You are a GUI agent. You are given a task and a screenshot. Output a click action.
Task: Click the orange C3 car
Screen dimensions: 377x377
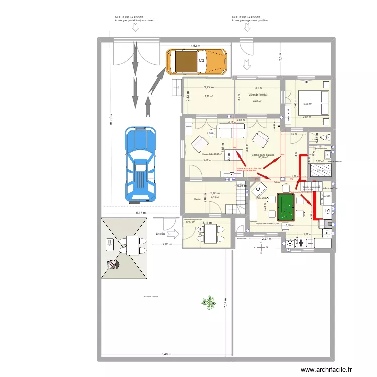[196, 61]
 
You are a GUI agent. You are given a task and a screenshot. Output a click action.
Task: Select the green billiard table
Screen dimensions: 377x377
[286, 207]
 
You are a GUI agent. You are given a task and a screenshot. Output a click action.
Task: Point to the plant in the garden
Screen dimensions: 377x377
[207, 302]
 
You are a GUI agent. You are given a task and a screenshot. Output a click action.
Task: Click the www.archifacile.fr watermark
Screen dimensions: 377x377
[326, 370]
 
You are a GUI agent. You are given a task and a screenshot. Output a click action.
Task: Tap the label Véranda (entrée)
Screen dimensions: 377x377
[258, 95]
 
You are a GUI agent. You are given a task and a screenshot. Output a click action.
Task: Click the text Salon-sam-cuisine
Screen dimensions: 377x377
[262, 155]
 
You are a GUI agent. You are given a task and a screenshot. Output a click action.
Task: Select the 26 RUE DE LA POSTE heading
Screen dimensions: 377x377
[128, 17]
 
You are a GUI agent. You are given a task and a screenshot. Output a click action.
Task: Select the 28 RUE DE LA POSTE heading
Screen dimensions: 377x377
[246, 17]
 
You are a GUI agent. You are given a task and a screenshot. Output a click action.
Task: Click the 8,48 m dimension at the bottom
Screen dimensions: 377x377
[166, 354]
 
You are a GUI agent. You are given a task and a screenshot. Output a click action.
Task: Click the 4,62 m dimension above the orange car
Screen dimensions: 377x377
[195, 46]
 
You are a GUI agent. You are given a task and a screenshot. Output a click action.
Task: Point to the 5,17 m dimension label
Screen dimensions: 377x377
[140, 213]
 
